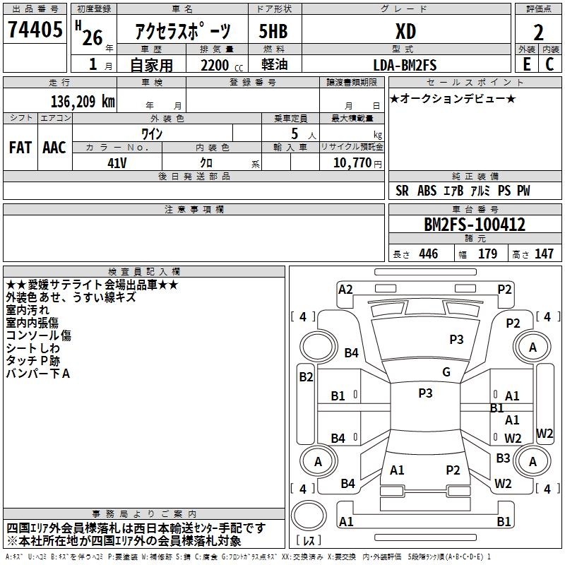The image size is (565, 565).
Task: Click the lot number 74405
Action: [x=35, y=29]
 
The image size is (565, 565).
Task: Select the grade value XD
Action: [x=405, y=31]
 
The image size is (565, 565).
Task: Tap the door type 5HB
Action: [x=273, y=31]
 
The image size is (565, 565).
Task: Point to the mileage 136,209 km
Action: [x=83, y=101]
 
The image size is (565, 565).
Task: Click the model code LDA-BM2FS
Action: [x=405, y=65]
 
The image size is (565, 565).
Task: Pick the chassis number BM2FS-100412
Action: [x=475, y=225]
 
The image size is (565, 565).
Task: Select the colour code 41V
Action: [x=117, y=163]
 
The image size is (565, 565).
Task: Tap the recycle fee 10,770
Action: [x=352, y=163]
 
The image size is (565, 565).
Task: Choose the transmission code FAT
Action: [x=20, y=148]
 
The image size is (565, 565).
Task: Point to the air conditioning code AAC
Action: [x=54, y=148]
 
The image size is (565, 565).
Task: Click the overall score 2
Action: [x=538, y=32]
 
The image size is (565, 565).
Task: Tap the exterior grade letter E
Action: [x=526, y=64]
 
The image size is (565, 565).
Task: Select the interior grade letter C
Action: [x=549, y=64]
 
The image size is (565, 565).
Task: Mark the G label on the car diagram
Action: [x=446, y=371]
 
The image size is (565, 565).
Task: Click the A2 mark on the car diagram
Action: [x=345, y=290]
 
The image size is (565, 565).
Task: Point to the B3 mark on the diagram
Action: [x=503, y=458]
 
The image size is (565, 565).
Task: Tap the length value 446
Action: [x=429, y=254]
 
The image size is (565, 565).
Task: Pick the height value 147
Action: [x=544, y=254]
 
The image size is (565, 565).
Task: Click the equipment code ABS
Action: [x=427, y=191]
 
